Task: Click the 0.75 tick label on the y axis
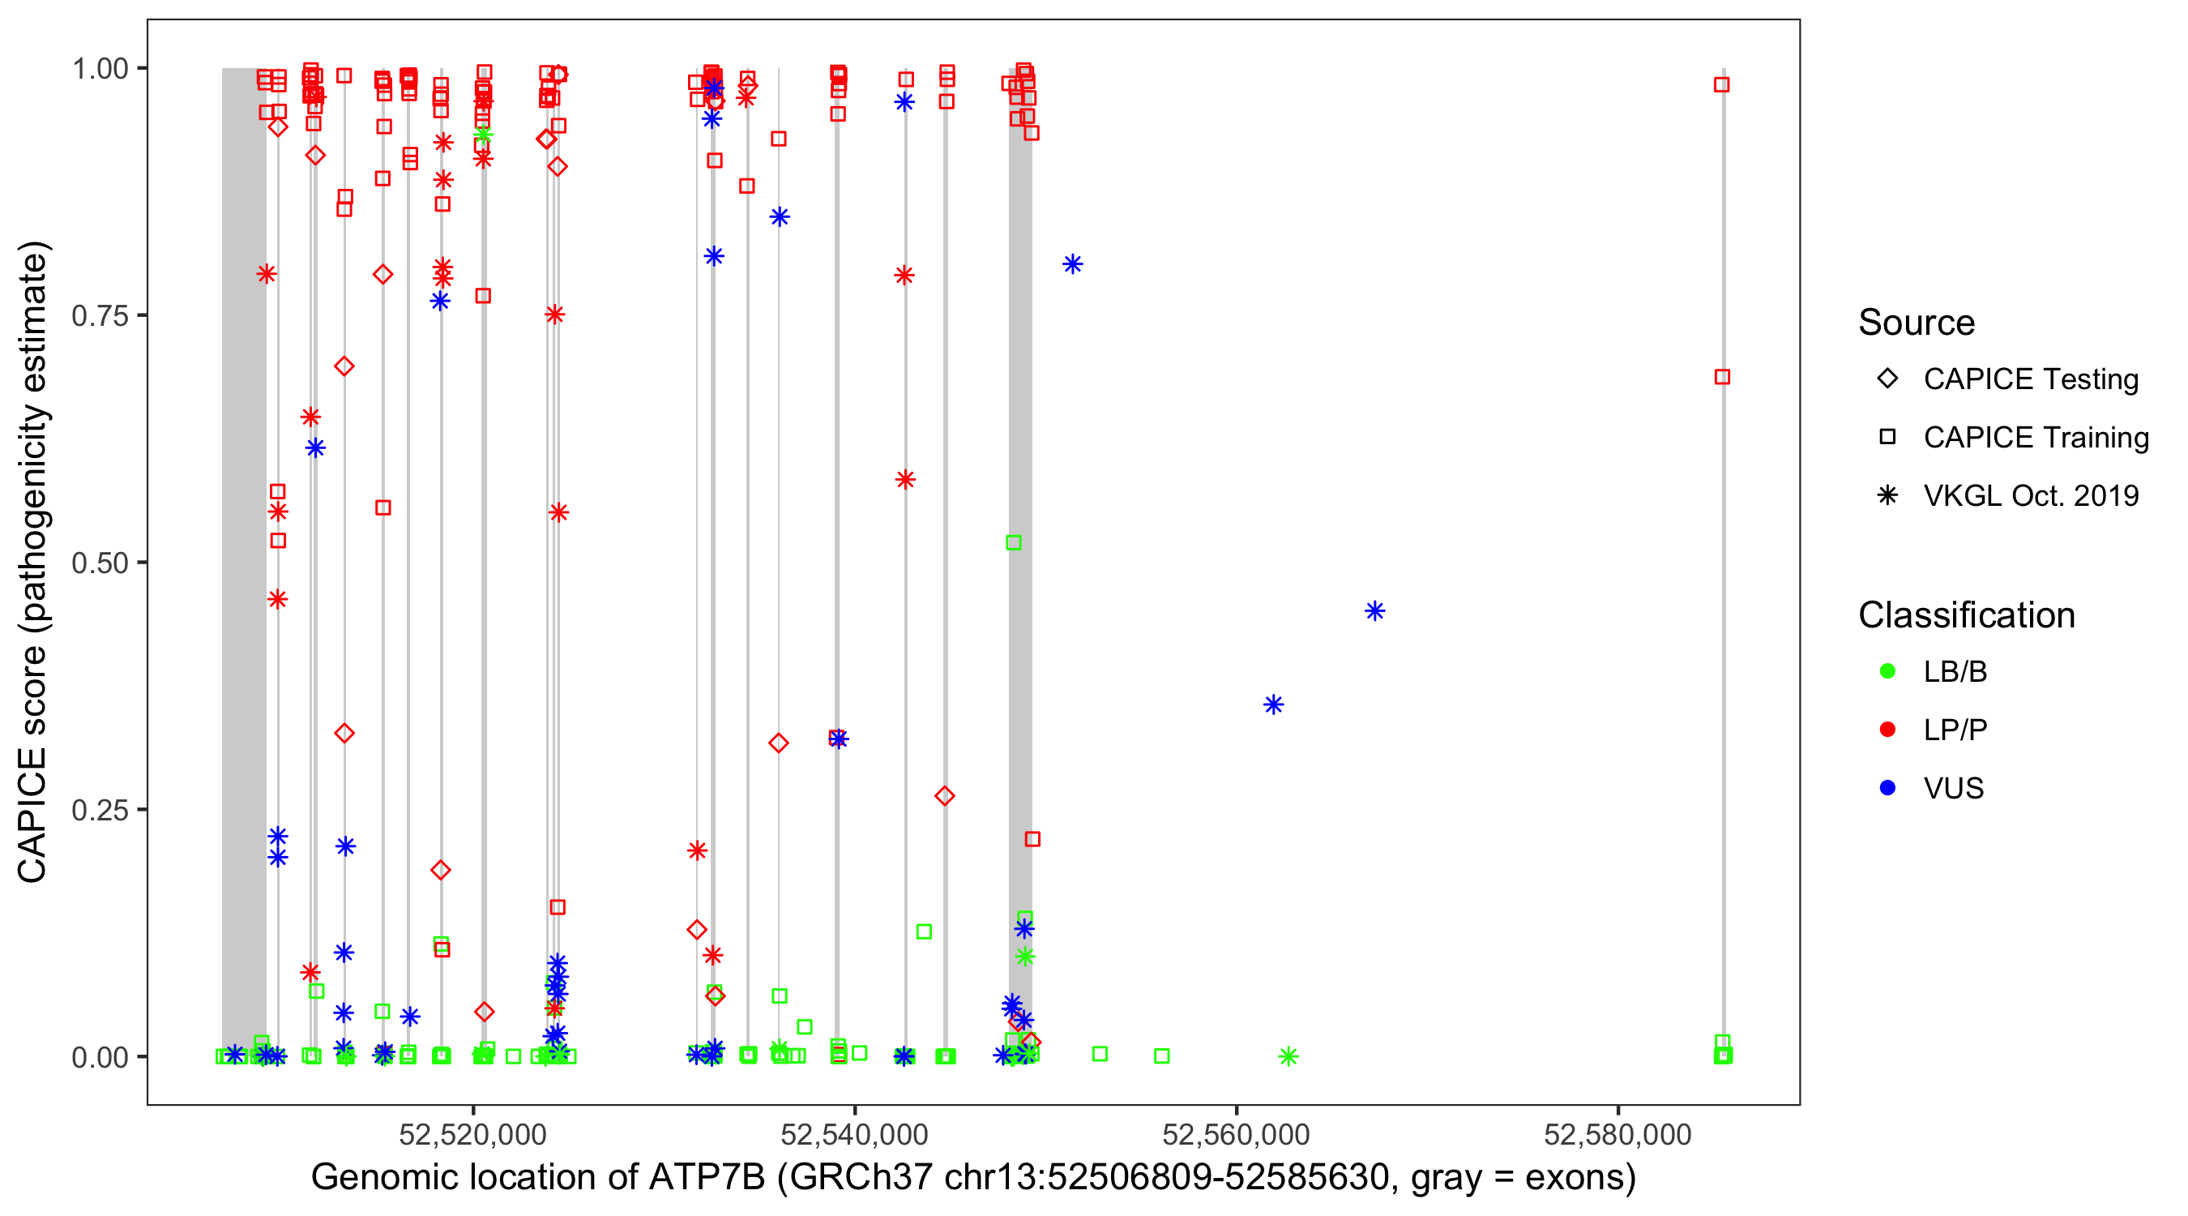(99, 315)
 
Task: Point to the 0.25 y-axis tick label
(99, 809)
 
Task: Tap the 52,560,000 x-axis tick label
(1236, 1134)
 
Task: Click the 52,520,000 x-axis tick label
(472, 1134)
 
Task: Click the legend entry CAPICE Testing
(2031, 379)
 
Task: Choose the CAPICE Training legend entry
(2036, 438)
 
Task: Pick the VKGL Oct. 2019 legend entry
(2031, 495)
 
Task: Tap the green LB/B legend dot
(1888, 671)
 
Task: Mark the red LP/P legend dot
(1888, 730)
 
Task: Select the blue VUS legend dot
(1888, 788)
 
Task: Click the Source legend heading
(1917, 323)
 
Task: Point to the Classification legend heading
(1966, 615)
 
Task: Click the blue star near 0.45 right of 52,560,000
(1375, 611)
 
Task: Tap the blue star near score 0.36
(1273, 704)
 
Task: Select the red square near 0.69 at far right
(1723, 376)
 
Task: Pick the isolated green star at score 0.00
(1288, 1056)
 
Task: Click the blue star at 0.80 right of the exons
(1073, 264)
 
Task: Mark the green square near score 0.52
(1013, 542)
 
